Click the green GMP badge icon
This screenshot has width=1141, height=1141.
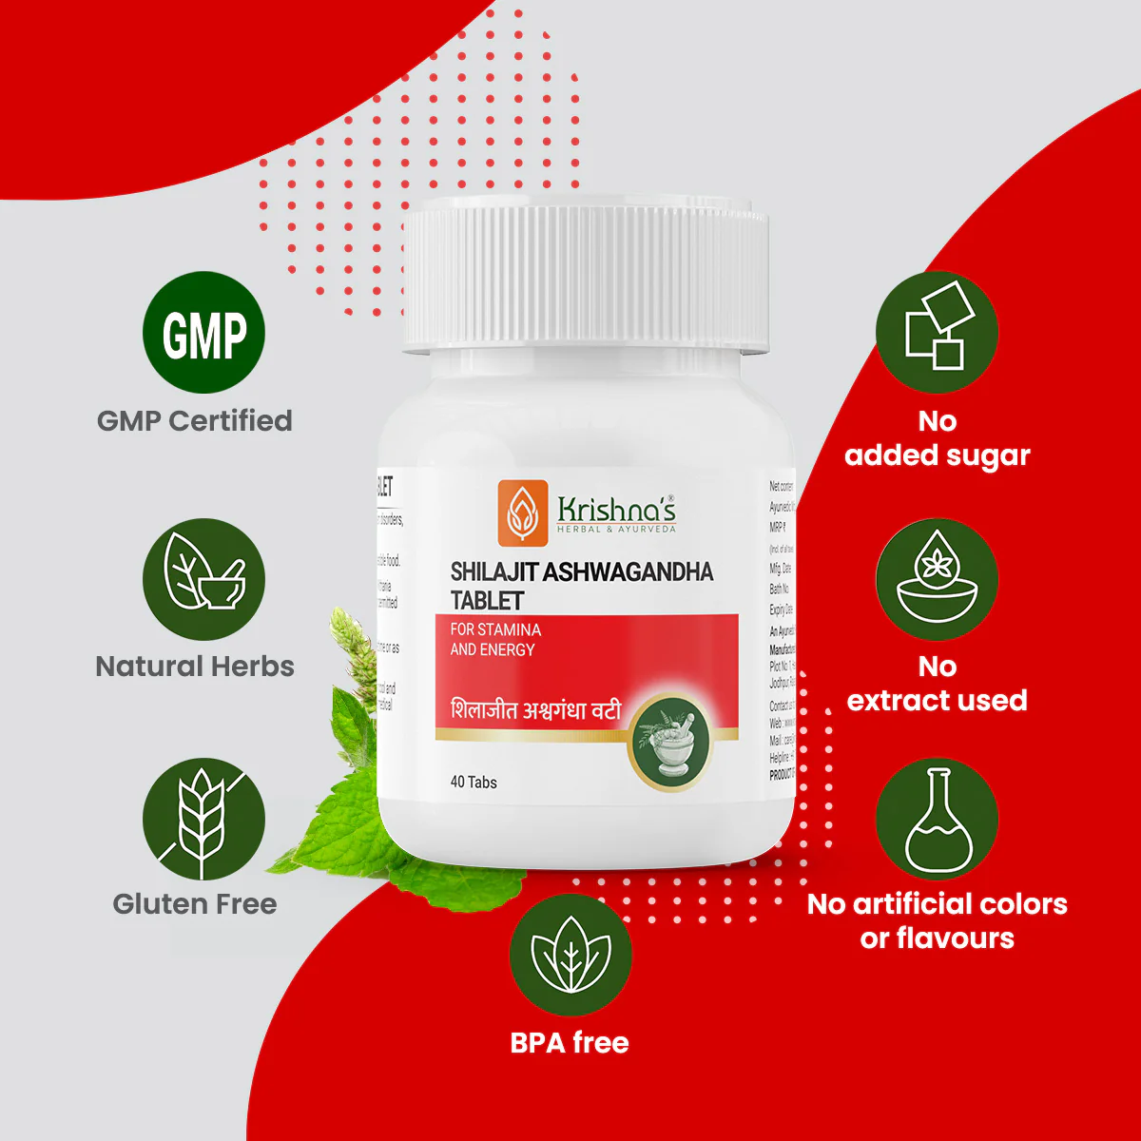(203, 333)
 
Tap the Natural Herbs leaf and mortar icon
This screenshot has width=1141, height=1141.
(203, 579)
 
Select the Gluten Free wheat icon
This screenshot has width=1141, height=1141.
(203, 819)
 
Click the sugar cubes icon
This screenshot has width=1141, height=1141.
(937, 333)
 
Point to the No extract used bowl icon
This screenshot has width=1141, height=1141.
(937, 579)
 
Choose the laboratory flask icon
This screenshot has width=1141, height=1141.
(937, 819)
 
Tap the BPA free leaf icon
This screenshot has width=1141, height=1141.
(570, 955)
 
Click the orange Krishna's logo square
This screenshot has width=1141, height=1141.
(523, 512)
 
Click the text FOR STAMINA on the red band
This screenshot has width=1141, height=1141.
(495, 629)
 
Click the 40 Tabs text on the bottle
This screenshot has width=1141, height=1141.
(474, 782)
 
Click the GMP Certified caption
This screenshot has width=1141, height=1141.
(195, 420)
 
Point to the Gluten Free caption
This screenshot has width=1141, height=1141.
(195, 903)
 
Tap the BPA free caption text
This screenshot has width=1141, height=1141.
(570, 1042)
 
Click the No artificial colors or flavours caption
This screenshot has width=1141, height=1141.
(937, 920)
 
